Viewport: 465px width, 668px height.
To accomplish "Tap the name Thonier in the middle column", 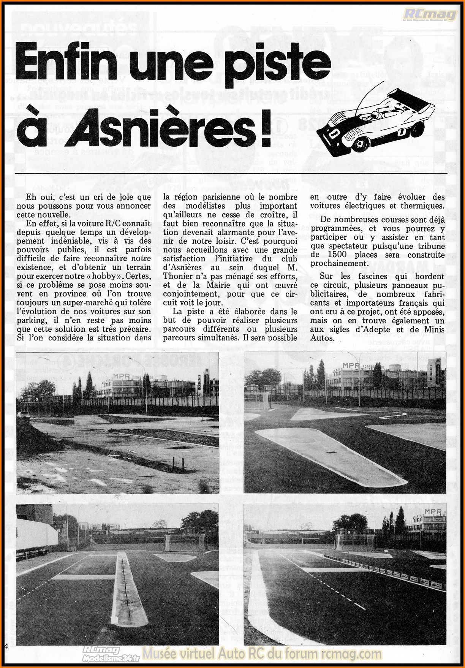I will (x=177, y=276).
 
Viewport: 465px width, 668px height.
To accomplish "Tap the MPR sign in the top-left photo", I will (x=121, y=376).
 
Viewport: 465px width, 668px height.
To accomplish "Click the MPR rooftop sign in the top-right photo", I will (x=351, y=365).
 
